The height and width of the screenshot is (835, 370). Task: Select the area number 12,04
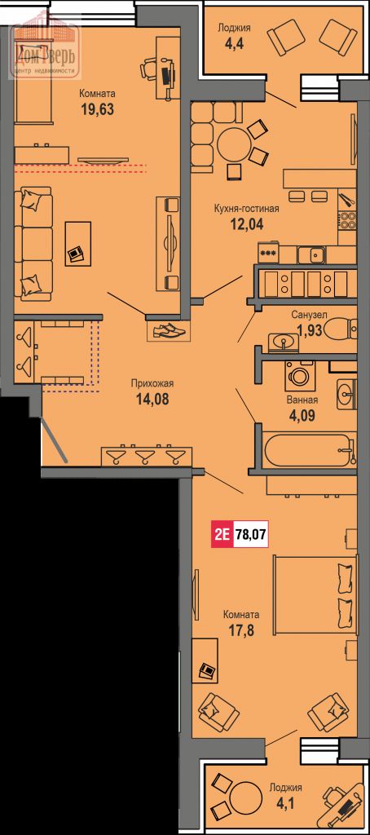pyautogui.click(x=246, y=223)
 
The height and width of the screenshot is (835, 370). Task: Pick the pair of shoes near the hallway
pyautogui.click(x=168, y=330)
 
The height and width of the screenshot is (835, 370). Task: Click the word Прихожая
pyautogui.click(x=152, y=383)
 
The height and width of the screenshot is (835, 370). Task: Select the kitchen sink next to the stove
pyautogui.click(x=313, y=255)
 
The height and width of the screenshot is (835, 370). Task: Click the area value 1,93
pyautogui.click(x=306, y=331)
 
